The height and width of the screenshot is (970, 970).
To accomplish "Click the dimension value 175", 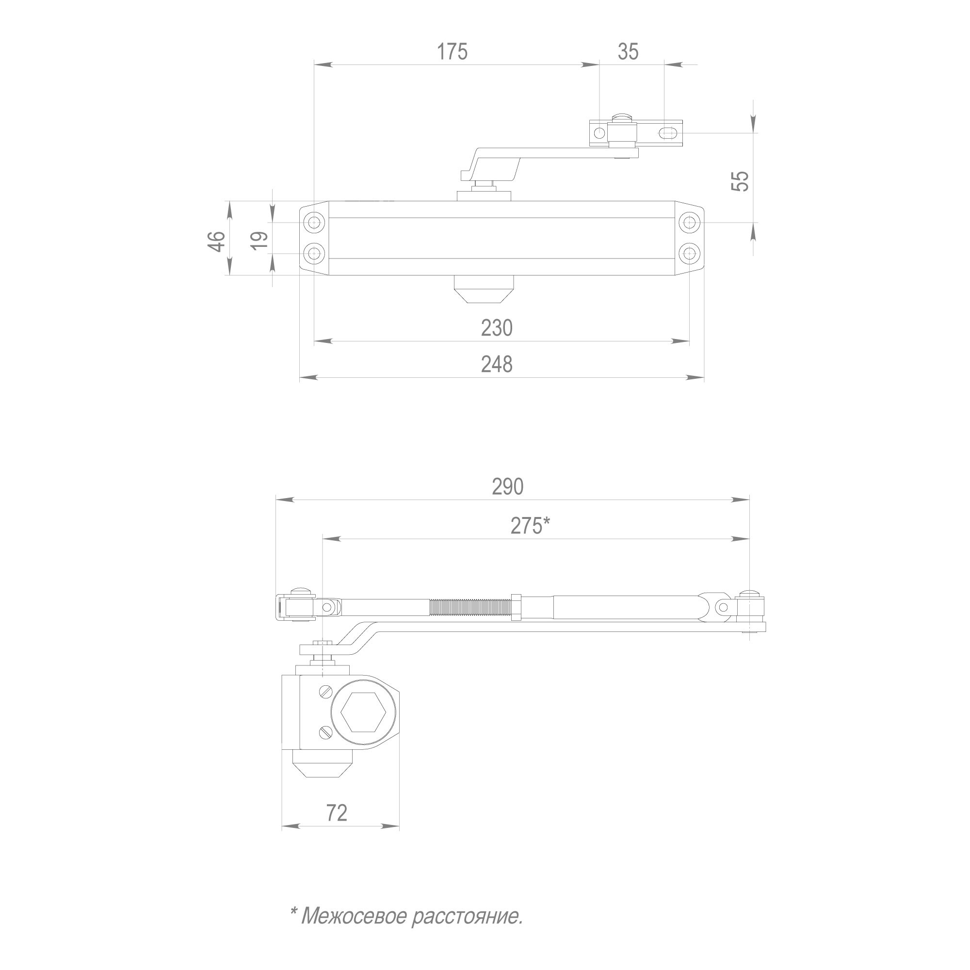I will click(452, 52).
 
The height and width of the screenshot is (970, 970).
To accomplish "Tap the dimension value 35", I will click(628, 52).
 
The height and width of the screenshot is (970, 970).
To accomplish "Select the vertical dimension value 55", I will click(740, 181).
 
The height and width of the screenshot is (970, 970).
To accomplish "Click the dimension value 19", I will click(259, 242).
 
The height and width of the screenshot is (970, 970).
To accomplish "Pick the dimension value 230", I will click(497, 328).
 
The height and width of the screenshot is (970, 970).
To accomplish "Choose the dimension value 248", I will click(497, 365).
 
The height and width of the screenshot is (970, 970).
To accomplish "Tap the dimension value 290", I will click(508, 487).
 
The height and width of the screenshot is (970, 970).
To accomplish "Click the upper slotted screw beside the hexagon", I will click(325, 692).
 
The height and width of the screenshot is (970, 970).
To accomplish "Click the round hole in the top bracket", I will click(599, 133).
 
